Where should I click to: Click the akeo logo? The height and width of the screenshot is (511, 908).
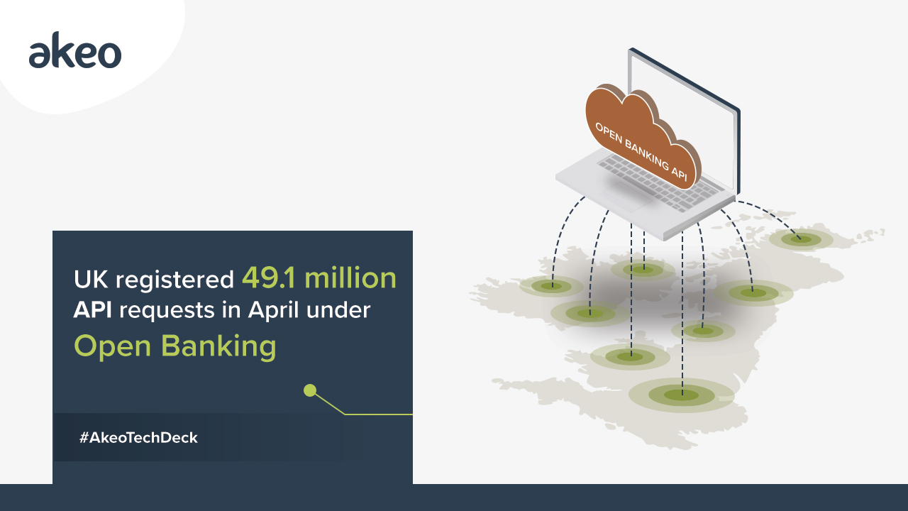[75, 50]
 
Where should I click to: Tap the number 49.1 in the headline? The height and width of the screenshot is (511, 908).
[269, 278]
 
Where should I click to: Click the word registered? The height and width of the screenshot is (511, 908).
[175, 280]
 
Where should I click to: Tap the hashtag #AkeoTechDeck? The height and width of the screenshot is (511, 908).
[138, 438]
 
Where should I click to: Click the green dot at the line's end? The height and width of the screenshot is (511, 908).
[310, 390]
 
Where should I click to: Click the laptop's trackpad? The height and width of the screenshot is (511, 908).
[626, 195]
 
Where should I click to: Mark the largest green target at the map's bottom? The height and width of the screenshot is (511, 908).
[682, 395]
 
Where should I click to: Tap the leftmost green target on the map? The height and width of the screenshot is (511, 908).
[551, 286]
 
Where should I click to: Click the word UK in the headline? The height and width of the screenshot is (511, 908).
[92, 280]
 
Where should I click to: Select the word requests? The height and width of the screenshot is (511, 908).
[167, 312]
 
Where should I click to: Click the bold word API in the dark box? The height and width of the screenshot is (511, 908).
[92, 310]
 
